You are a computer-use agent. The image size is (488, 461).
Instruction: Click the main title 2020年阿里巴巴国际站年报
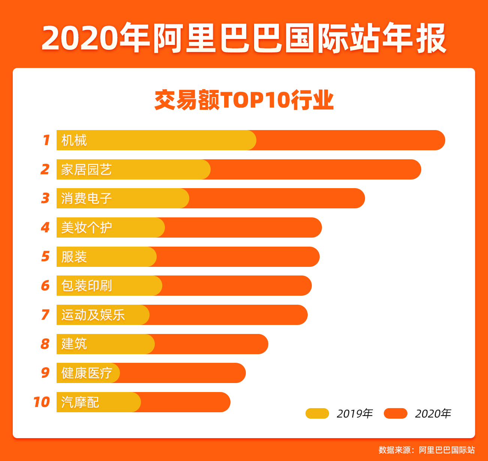coord(244,38)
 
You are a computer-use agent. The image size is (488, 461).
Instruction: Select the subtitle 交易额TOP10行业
coord(244,100)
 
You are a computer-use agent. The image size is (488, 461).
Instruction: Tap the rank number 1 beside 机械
coord(46,140)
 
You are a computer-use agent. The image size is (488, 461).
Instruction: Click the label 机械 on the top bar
coord(74,141)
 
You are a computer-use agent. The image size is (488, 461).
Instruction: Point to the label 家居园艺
coord(86,169)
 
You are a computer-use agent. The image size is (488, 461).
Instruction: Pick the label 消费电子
coord(86,198)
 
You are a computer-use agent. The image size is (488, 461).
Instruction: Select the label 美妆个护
coord(86,228)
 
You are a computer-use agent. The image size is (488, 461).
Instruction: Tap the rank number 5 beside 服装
coord(45,256)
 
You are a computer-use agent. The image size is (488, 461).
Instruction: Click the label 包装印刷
coord(86,286)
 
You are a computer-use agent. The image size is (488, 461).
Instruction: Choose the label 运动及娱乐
coord(93,315)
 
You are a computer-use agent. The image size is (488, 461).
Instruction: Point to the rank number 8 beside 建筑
coord(45,344)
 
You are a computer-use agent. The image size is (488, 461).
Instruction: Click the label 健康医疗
coord(86,373)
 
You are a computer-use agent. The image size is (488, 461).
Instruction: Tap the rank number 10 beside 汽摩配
coord(41,402)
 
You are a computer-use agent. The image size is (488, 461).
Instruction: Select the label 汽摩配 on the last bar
coord(80,402)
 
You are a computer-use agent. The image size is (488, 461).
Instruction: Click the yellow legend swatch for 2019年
coord(317,413)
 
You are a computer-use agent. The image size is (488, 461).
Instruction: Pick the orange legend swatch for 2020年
coord(395,413)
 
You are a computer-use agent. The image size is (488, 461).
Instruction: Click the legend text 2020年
coord(433,413)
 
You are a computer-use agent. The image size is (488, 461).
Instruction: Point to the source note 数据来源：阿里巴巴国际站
coord(427,450)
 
